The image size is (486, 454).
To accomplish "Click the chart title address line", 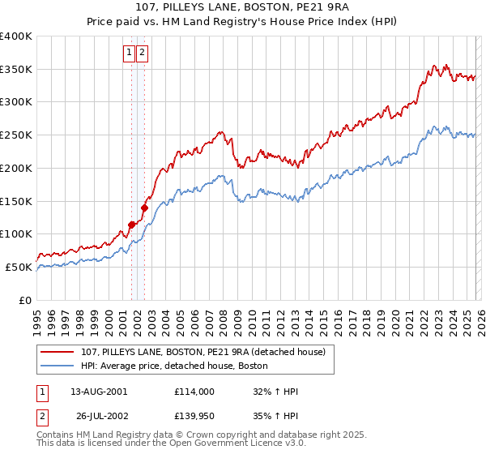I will pos(243,8).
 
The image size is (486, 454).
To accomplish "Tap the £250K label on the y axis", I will pos(16,135).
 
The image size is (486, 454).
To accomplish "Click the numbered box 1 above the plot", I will pos(129,53).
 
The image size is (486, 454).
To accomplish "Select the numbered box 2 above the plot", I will pos(142,53).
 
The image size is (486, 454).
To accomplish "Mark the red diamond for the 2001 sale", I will pos(131,224).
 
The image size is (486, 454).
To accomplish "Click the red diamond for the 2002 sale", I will pos(144,207).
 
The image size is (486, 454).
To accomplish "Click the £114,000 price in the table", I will pos(194,392).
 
